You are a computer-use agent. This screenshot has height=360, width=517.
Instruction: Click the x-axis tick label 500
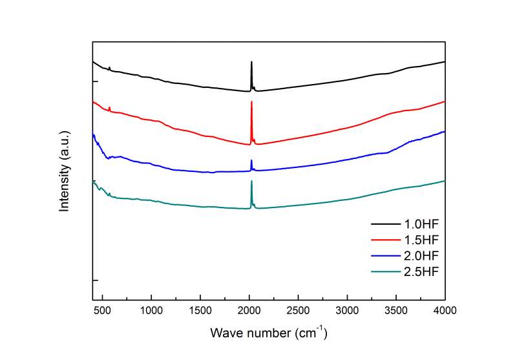pos(103,310)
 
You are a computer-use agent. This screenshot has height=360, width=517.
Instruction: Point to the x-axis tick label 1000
pos(151,310)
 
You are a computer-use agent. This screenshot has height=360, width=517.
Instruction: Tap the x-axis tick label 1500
pos(200,310)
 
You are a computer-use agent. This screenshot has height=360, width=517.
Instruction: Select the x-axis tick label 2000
pos(249,310)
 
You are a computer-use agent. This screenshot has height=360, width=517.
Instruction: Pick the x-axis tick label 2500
pos(298,310)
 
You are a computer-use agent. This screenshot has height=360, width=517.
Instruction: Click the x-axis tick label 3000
pos(347,310)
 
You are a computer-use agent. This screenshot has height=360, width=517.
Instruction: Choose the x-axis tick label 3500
pos(396,310)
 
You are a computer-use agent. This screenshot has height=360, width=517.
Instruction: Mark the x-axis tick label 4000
pos(445,310)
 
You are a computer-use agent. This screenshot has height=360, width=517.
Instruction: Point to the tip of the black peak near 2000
pos(251,61)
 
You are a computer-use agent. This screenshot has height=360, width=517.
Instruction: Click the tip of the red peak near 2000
pos(251,101)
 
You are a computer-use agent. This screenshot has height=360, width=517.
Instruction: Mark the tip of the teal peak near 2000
pos(251,181)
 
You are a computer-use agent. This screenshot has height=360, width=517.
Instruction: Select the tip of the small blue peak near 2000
pos(251,160)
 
